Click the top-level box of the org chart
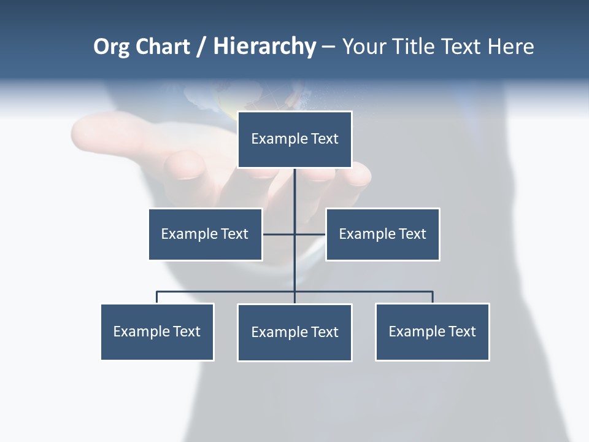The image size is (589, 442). tap(294, 139)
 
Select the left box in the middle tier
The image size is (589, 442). tap(205, 234)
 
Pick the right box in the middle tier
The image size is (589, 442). tap(382, 234)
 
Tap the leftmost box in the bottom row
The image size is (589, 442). tap(157, 331)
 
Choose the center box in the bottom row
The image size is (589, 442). tap(294, 332)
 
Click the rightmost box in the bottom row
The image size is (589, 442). tap(432, 331)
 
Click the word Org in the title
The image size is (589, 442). tap(111, 47)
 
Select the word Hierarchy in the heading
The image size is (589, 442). tap(264, 47)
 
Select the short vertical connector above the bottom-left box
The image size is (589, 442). tap(157, 297)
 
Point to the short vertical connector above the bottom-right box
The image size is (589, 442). tap(433, 297)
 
